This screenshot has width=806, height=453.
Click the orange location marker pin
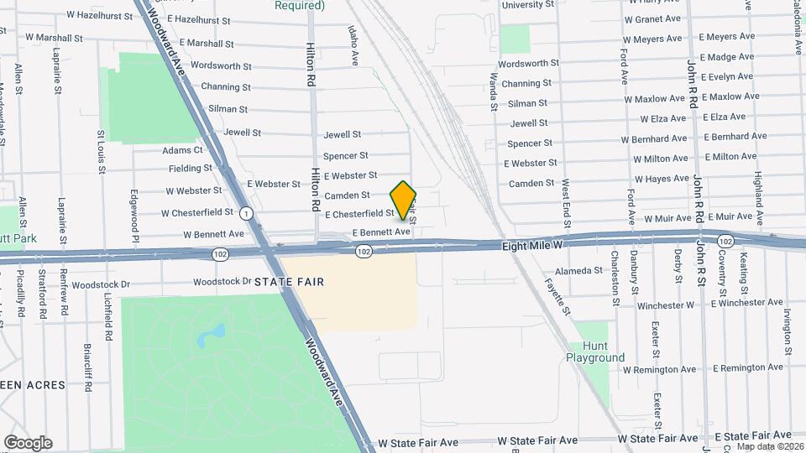(x=403, y=200)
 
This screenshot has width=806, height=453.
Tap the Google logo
(x=28, y=442)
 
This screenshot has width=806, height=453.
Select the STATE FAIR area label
(x=289, y=282)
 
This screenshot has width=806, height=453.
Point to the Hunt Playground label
(x=594, y=351)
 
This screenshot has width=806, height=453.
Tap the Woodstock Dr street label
(x=222, y=282)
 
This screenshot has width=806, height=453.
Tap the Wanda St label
(x=494, y=92)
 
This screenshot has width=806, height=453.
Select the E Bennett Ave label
(x=381, y=232)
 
